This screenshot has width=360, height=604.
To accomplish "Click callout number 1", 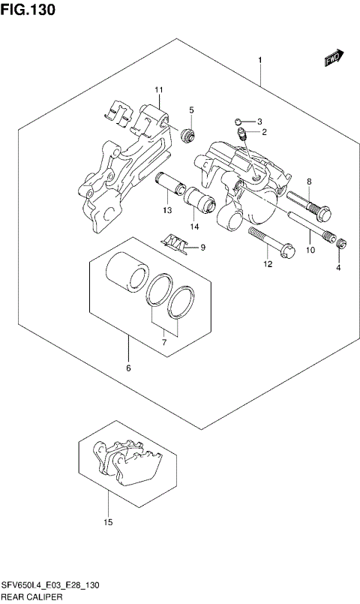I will click(259, 60).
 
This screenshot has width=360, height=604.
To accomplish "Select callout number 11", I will click(159, 91).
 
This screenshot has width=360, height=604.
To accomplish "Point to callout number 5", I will click(191, 110).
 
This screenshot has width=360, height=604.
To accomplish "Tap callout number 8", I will click(308, 182).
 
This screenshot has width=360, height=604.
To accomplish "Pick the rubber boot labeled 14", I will click(200, 199).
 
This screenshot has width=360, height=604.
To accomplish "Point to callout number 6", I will click(128, 368).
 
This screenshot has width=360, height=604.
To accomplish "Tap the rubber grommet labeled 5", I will click(188, 135).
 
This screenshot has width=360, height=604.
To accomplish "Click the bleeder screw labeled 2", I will click(242, 135).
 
